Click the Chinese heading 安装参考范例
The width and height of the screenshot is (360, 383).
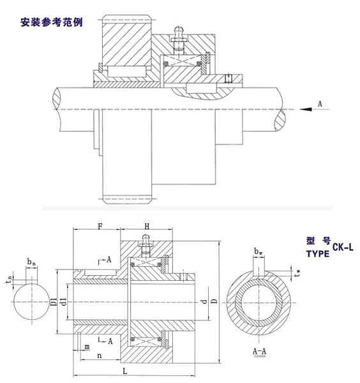(52, 22)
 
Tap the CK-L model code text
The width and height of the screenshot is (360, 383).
(343, 247)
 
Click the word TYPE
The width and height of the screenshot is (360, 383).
(318, 254)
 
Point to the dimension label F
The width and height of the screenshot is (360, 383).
(100, 227)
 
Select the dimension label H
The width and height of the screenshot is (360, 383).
(147, 227)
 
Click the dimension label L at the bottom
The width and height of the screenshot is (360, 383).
(125, 372)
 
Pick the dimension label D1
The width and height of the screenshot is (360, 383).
(54, 302)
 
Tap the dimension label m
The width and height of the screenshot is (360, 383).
(87, 347)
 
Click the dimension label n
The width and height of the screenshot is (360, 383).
(99, 356)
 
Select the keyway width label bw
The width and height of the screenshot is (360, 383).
(258, 252)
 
